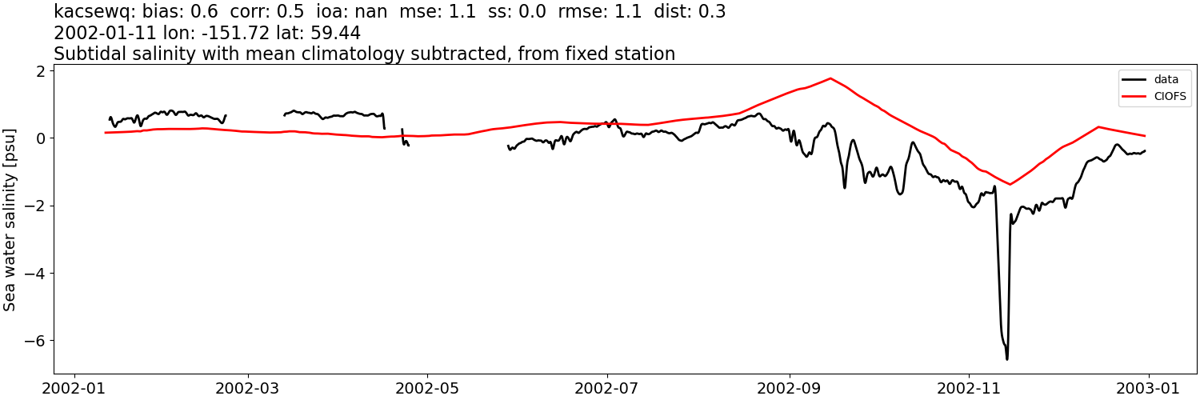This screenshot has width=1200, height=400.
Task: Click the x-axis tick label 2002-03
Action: click(248, 387)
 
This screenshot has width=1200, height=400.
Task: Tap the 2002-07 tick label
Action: click(607, 387)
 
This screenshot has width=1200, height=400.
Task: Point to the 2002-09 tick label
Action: click(790, 387)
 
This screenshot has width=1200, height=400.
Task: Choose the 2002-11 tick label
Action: click(969, 387)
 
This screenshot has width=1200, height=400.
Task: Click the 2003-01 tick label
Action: click(1149, 387)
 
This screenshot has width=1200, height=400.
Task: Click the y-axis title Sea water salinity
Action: click(10, 219)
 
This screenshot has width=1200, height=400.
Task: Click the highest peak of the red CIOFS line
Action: click(830, 78)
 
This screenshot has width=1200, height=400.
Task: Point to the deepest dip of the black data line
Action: click(1006, 358)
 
